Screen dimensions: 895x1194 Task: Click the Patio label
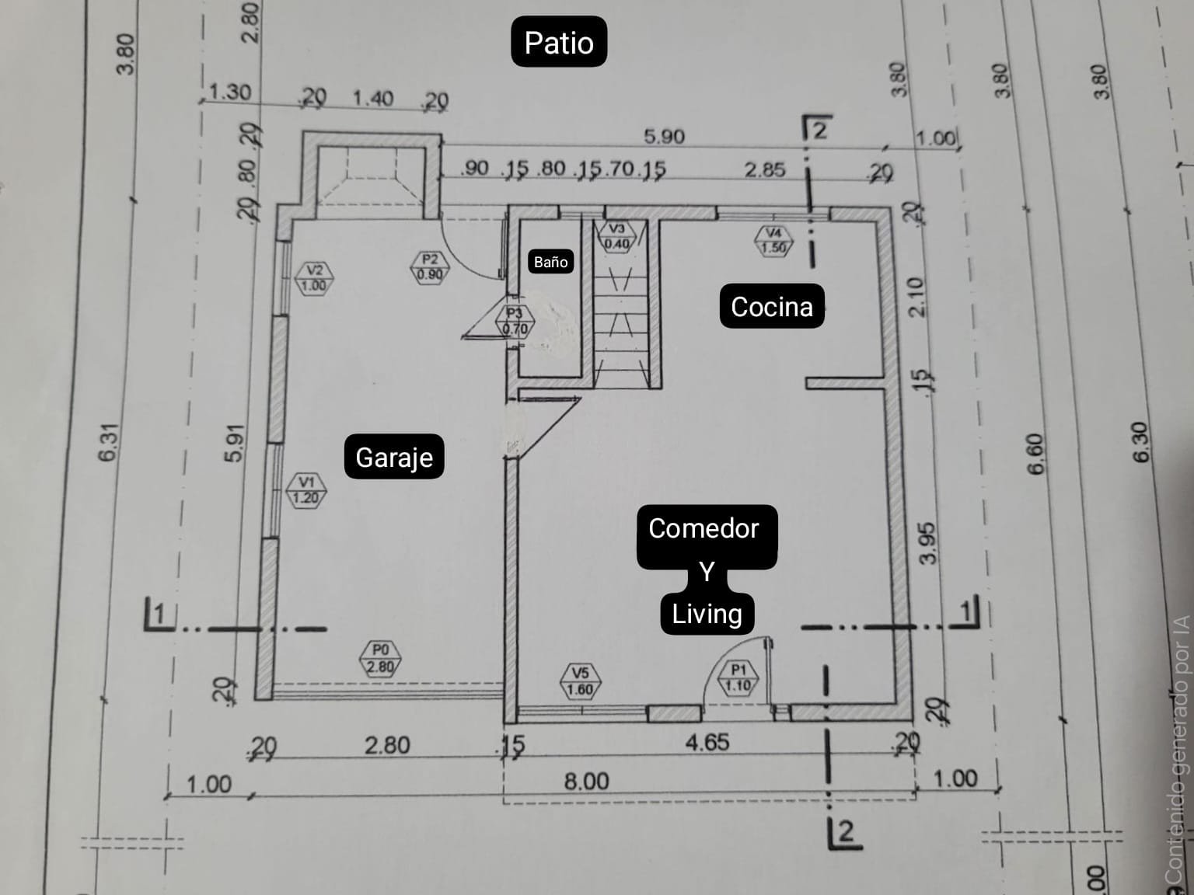coord(558,42)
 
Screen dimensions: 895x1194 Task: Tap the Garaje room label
coord(394,457)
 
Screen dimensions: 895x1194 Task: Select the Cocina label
coord(771,307)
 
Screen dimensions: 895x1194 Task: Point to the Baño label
coord(550,262)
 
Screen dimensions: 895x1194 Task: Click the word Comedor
coord(703,528)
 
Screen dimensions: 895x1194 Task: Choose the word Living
coord(707,614)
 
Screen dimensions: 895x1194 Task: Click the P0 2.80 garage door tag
coord(380,658)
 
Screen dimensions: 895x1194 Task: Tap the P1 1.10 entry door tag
coord(738,677)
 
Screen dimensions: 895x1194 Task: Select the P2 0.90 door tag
coord(430,266)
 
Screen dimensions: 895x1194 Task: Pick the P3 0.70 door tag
coord(514,321)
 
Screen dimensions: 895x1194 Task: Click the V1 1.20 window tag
coord(306,490)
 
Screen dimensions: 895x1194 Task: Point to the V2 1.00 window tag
coord(314,277)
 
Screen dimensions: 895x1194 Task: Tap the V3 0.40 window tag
coord(616,236)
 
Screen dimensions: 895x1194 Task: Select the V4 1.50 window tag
coord(773,240)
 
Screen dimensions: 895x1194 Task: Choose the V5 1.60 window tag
coord(580,681)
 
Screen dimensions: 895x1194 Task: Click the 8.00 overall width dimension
coord(586,780)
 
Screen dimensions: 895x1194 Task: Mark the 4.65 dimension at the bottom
coord(707,742)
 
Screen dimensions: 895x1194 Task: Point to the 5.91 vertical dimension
coord(234,443)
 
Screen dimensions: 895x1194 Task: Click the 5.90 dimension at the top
coord(664,137)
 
